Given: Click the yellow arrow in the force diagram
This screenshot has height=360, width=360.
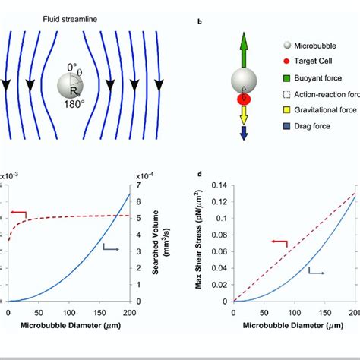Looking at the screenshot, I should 244,114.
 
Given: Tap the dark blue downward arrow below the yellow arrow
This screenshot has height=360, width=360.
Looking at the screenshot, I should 244,132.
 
